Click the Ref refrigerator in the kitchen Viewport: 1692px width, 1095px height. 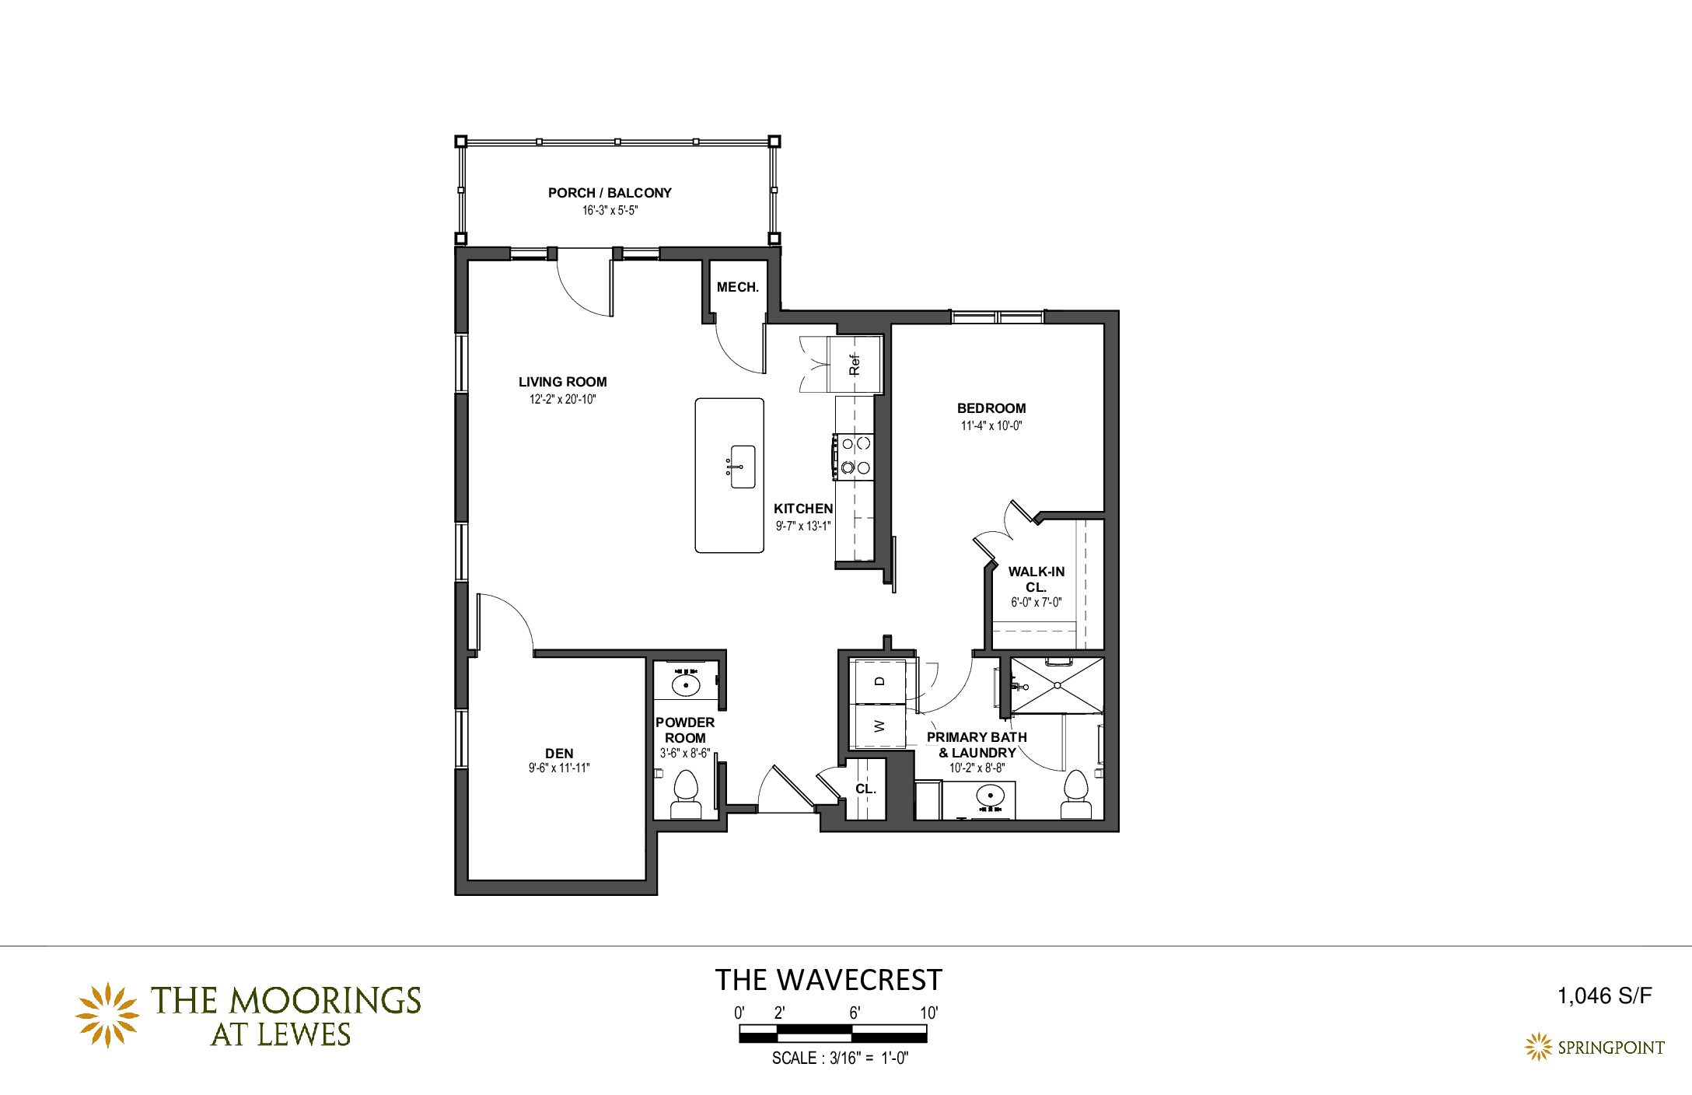tap(855, 364)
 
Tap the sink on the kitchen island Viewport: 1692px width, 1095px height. tap(743, 467)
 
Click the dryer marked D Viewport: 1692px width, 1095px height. tap(879, 681)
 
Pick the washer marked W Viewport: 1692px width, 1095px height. tap(879, 726)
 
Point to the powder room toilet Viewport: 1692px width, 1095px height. tap(686, 794)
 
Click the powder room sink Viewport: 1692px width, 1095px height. tap(686, 684)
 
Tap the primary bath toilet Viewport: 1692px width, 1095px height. tap(1076, 794)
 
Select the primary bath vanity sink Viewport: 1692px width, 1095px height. tap(990, 796)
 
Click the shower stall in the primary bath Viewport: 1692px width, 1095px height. tap(1056, 685)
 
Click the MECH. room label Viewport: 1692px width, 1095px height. tap(737, 287)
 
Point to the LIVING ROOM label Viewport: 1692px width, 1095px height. tap(562, 382)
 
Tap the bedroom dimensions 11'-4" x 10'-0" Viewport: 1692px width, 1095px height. tap(991, 425)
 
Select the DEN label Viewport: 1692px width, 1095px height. tap(559, 753)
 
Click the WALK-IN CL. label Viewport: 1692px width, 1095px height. tap(1037, 579)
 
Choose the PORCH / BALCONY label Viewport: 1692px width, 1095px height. tap(610, 193)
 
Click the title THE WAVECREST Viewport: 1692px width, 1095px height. tap(829, 980)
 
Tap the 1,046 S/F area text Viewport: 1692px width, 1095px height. tap(1604, 995)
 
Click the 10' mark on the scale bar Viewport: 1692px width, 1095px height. tap(929, 1013)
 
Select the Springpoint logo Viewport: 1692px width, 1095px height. tap(1594, 1047)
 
